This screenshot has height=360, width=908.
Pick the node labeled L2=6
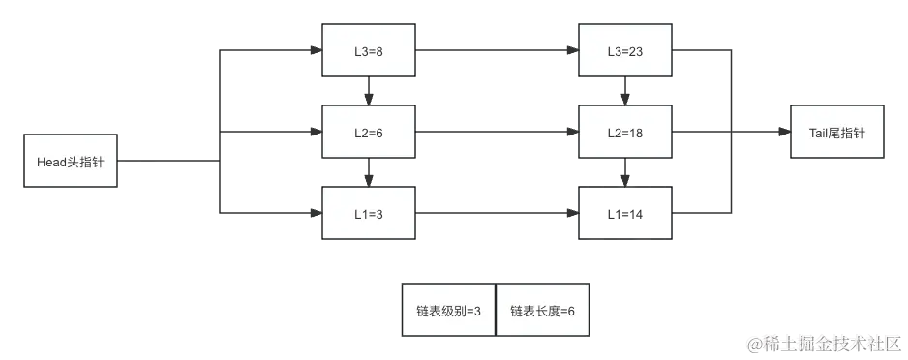pyautogui.click(x=368, y=132)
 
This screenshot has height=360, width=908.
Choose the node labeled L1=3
pyautogui.click(x=368, y=212)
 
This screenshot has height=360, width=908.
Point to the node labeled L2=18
pyautogui.click(x=624, y=132)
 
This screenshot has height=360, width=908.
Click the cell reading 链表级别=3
pyautogui.click(x=448, y=310)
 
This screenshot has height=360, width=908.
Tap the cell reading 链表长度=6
pyautogui.click(x=542, y=310)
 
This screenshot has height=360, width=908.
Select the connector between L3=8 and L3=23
pyautogui.click(x=496, y=48)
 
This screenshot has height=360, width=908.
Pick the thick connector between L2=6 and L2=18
pyautogui.click(x=496, y=132)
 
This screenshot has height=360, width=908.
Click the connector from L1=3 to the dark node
pyautogui.click(x=496, y=212)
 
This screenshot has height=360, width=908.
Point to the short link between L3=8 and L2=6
pyautogui.click(x=368, y=90)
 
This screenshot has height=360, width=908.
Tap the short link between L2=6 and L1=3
pyautogui.click(x=368, y=172)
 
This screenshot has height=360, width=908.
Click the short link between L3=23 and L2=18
pyautogui.click(x=624, y=90)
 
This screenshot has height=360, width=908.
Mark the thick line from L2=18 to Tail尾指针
pyautogui.click(x=731, y=132)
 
